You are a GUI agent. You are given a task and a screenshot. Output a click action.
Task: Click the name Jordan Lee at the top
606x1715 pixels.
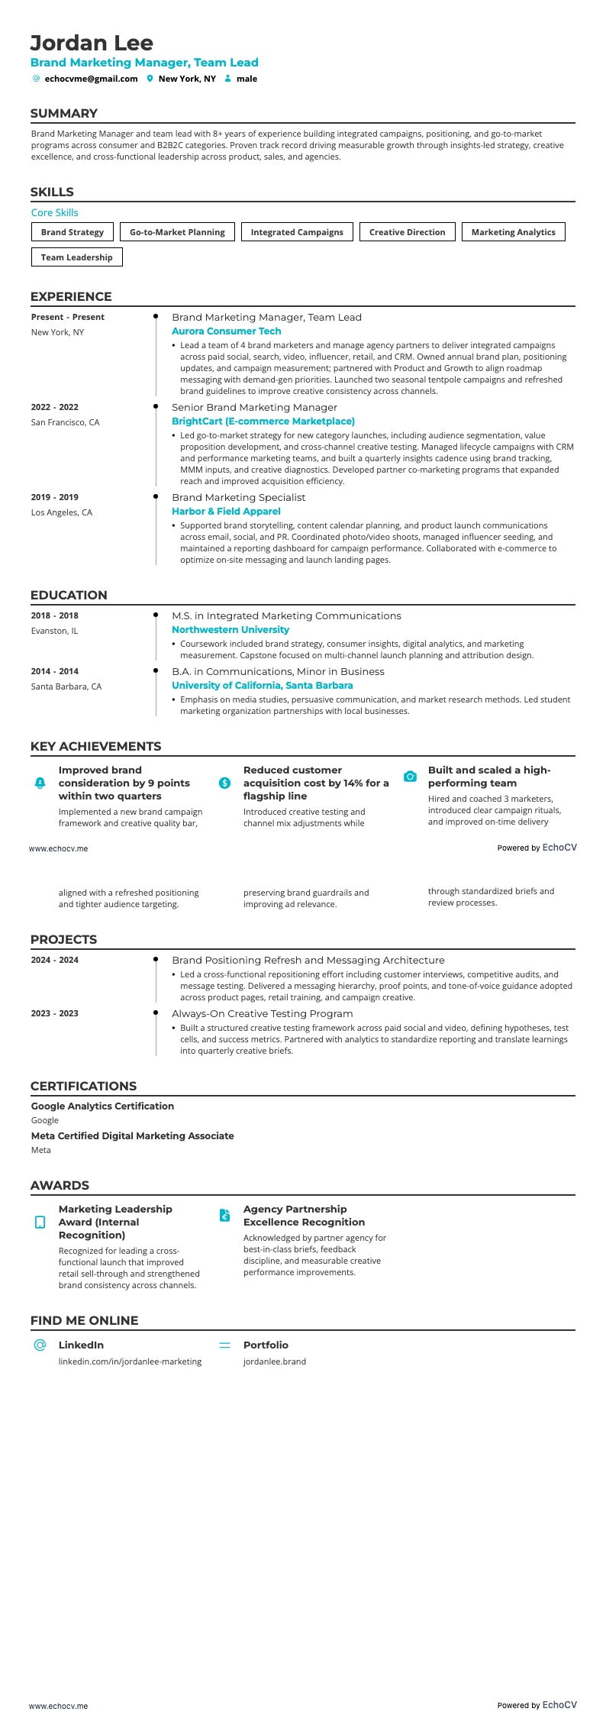(92, 43)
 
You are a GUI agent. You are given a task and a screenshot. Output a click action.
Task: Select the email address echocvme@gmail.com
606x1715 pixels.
(91, 79)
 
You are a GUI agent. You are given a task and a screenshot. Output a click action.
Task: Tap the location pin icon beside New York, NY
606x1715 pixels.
(150, 79)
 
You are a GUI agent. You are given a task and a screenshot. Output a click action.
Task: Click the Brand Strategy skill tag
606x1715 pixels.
(73, 232)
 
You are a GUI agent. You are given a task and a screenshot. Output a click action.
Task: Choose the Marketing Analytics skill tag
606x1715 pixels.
(513, 232)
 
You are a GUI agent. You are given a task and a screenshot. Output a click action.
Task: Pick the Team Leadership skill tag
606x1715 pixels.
(76, 257)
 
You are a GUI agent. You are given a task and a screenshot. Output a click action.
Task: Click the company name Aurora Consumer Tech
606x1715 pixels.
(226, 331)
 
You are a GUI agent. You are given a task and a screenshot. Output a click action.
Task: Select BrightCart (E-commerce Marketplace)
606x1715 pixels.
(263, 421)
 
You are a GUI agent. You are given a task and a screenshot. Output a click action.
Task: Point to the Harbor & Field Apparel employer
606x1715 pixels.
(226, 512)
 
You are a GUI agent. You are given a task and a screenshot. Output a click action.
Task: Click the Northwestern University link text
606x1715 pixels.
(230, 630)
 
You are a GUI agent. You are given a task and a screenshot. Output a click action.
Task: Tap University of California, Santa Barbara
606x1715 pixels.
(262, 686)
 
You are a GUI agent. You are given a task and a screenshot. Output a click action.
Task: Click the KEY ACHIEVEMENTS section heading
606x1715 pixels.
(95, 746)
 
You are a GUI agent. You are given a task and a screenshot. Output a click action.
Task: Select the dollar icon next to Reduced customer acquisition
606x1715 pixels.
(224, 783)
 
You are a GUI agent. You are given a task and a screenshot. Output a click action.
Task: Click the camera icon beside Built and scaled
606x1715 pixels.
(410, 777)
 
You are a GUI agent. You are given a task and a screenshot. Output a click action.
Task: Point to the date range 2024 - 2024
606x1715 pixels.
(55, 960)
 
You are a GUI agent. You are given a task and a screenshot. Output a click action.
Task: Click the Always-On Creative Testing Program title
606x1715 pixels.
(262, 1013)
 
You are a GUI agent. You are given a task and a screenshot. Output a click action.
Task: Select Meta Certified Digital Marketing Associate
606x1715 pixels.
(132, 1135)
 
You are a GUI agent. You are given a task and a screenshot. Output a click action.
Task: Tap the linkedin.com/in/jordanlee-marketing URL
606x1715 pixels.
(130, 1361)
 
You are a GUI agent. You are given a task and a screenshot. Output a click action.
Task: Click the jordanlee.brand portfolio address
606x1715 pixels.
(274, 1361)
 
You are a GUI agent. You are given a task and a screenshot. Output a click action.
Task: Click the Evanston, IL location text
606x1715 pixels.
(54, 631)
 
